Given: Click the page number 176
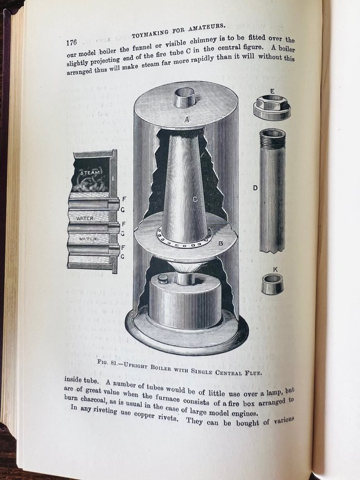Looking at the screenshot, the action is [71, 42].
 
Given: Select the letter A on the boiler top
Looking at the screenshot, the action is [187, 120].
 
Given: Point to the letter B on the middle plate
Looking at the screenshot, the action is [220, 243].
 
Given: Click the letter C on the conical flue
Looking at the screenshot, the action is [195, 199].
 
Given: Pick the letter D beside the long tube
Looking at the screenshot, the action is [255, 188].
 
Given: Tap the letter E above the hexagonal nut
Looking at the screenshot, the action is [272, 91].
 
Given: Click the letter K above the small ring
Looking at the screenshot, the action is [275, 269].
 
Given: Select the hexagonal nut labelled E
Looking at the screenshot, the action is [272, 107].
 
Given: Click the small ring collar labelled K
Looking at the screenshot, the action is [273, 284].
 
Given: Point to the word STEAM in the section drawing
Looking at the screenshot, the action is [90, 173].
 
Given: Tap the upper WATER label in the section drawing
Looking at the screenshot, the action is [84, 219].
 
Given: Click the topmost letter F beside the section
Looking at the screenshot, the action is [124, 199].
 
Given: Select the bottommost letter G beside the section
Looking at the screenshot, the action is [123, 257].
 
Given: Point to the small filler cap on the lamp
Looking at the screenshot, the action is [162, 279].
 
